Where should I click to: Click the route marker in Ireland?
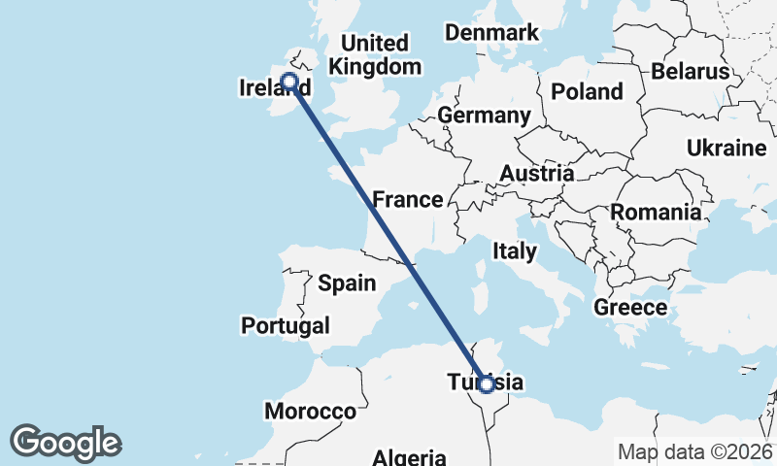pyautogui.click(x=288, y=82)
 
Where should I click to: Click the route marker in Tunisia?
pyautogui.click(x=487, y=384)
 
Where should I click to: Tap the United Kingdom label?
pyautogui.click(x=376, y=55)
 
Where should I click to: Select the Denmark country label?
pyautogui.click(x=491, y=33)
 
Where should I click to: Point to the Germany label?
pyautogui.click(x=484, y=116)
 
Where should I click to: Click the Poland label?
pyautogui.click(x=587, y=92)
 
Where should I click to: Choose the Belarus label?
pyautogui.click(x=690, y=72)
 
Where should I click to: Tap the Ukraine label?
pyautogui.click(x=726, y=149)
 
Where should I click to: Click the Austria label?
pyautogui.click(x=537, y=174)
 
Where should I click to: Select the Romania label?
pyautogui.click(x=656, y=213)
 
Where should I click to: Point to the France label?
pyautogui.click(x=408, y=200)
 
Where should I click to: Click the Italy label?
pyautogui.click(x=514, y=251)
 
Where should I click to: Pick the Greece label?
pyautogui.click(x=630, y=309)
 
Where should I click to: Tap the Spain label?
pyautogui.click(x=347, y=283)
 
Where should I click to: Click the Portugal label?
pyautogui.click(x=286, y=326)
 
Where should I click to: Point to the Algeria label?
pyautogui.click(x=411, y=457)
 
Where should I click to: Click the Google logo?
pyautogui.click(x=65, y=443)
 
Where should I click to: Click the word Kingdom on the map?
pyautogui.click(x=376, y=67)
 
